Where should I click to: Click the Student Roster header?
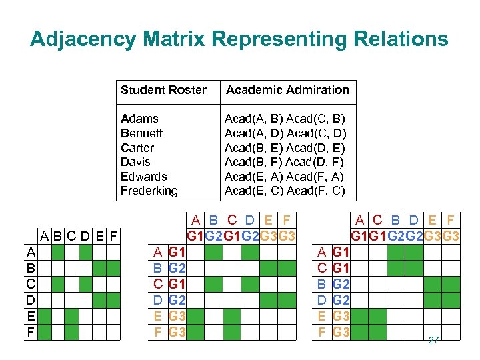tap(163, 90)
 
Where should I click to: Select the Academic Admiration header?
tap(287, 90)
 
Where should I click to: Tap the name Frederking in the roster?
tap(149, 191)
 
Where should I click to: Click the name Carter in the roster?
tap(137, 147)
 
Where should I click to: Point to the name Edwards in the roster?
tap(144, 176)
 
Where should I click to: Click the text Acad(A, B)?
tap(254, 119)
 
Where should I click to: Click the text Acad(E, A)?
tap(254, 176)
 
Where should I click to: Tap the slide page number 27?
tap(433, 340)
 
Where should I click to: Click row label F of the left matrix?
tap(31, 331)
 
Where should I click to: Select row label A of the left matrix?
tap(31, 252)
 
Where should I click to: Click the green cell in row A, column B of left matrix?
tap(58, 252)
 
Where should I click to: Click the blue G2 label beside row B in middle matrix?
tap(177, 268)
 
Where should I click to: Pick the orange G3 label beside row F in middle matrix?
tap(177, 331)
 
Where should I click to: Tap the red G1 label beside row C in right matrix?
tap(341, 268)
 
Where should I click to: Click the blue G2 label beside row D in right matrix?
tap(341, 299)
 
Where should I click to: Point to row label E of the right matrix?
tap(322, 315)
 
